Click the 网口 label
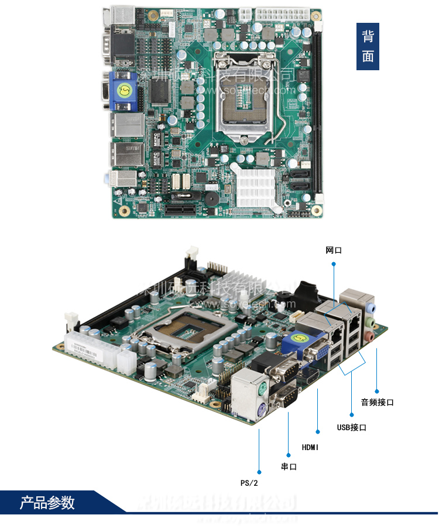coord(334,250)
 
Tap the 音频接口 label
coord(377,402)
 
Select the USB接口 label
coord(351,427)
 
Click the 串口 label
coord(289,466)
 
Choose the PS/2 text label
coord(249,483)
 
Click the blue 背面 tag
coord(368,47)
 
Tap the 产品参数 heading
coord(47,503)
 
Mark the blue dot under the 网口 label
coord(334,264)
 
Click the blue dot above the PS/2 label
coord(259,471)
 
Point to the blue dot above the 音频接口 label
coord(377,391)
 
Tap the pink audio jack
coord(369,336)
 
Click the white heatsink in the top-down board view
coord(256,184)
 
